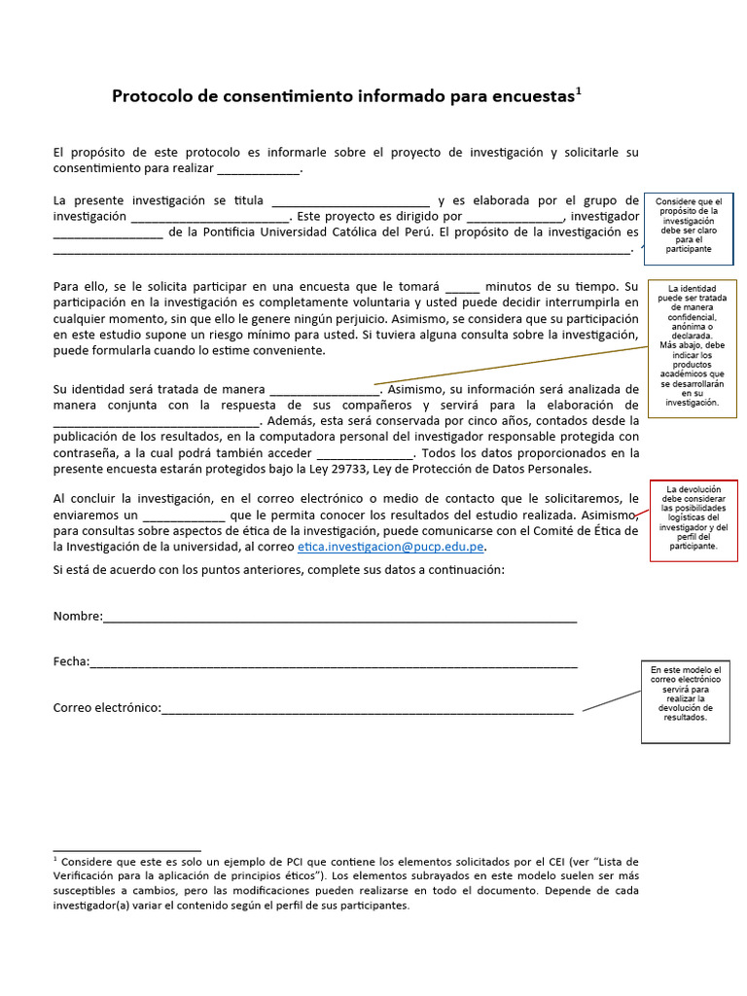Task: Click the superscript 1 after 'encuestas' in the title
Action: (579, 90)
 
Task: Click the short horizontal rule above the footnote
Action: (126, 850)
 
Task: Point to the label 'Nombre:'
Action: (77, 617)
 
